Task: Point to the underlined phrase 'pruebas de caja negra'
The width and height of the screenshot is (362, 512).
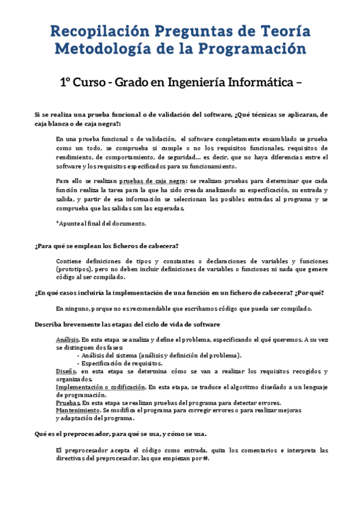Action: click(152, 181)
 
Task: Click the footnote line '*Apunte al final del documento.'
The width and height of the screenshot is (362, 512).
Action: click(101, 223)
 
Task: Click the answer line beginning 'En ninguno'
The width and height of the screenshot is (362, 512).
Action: click(184, 309)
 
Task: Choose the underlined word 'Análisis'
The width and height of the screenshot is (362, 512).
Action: click(67, 340)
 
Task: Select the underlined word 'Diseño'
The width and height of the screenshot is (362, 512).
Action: click(66, 371)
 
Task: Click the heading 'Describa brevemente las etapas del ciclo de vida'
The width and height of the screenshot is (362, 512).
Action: click(127, 324)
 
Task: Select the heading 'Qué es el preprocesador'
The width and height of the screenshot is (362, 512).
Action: click(121, 434)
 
